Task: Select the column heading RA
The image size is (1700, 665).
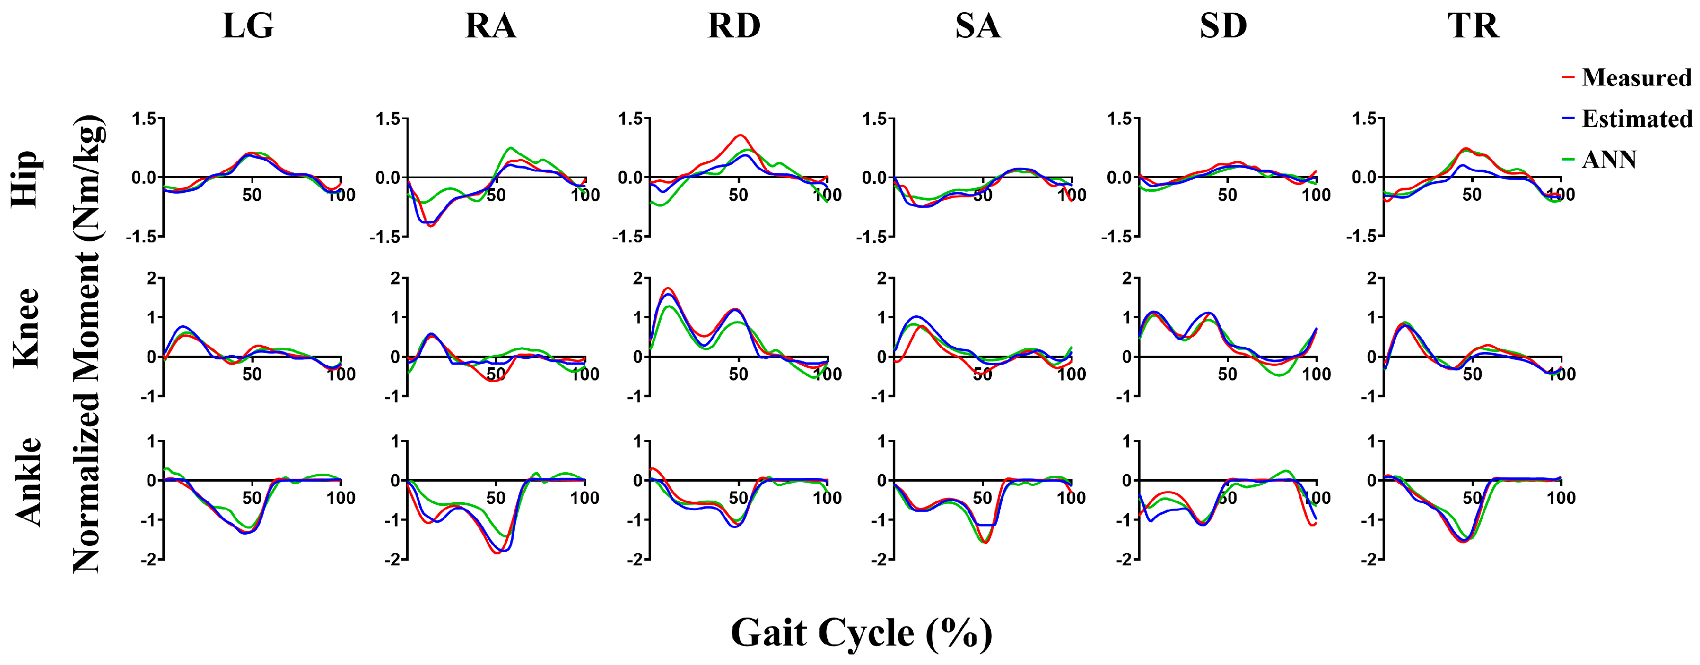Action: click(x=490, y=26)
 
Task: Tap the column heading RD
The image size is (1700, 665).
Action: click(x=734, y=26)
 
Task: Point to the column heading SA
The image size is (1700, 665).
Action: click(x=978, y=26)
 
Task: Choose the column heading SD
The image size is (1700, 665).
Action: click(x=1223, y=26)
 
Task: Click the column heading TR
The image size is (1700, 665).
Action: click(x=1473, y=26)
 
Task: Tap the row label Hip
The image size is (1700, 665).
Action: click(x=25, y=178)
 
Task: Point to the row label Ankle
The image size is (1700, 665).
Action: click(x=28, y=482)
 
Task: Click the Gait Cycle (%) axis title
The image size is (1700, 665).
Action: click(x=861, y=633)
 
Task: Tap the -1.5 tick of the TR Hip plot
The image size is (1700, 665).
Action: click(x=1361, y=236)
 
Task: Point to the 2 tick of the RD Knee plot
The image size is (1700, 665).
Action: click(x=637, y=278)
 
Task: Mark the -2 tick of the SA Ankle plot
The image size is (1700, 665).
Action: click(x=880, y=560)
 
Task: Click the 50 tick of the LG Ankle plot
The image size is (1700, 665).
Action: click(x=252, y=497)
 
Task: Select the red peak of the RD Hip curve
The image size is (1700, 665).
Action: click(x=741, y=135)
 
